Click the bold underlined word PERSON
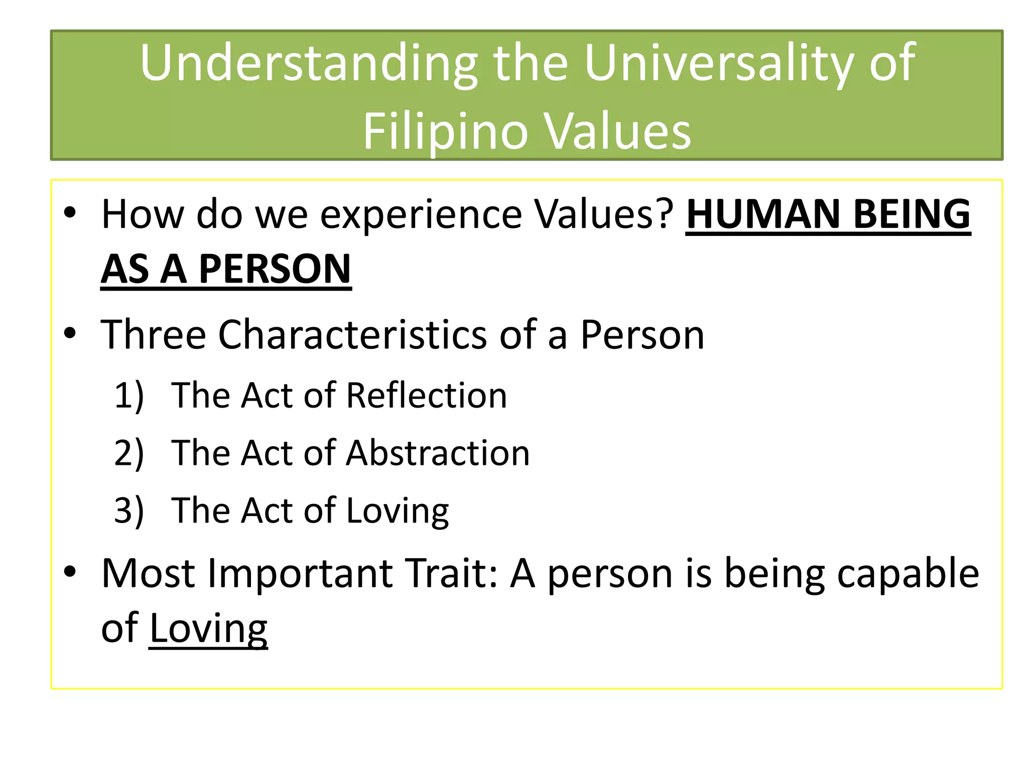tap(275, 269)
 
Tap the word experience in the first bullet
tap(421, 214)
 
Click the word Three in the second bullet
tap(153, 335)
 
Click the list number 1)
tap(129, 396)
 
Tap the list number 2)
tap(129, 453)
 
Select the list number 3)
tap(129, 510)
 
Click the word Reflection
tap(427, 396)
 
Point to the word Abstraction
tap(438, 453)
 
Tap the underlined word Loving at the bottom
tap(208, 628)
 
